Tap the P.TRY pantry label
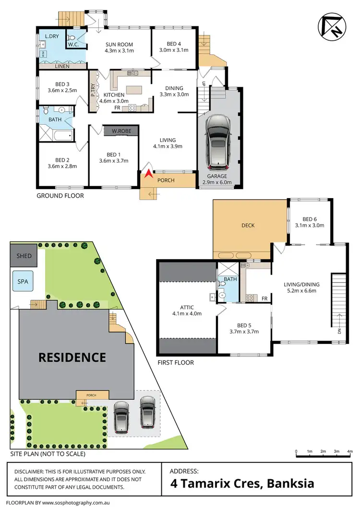[x=93, y=91]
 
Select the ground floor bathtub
[x=61, y=136]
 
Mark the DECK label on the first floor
[x=248, y=225]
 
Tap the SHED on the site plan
[x=24, y=256]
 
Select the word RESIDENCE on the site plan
[x=72, y=357]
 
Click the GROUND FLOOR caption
[x=60, y=196]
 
